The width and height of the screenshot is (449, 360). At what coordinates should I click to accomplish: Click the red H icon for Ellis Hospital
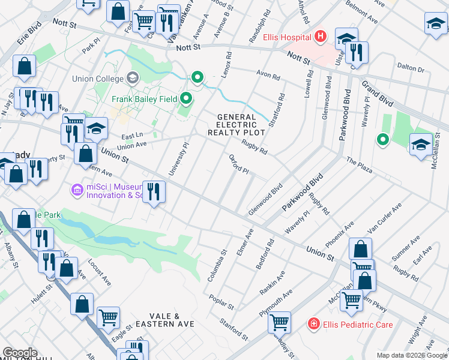(320, 37)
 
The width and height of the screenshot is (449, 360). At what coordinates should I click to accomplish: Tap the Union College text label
(97, 79)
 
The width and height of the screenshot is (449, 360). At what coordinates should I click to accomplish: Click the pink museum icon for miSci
(77, 190)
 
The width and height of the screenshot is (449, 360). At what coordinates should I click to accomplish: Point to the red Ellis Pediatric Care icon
(313, 325)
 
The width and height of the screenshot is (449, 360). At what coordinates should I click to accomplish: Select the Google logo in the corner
(19, 353)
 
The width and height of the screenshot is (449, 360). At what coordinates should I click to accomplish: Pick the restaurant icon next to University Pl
(154, 192)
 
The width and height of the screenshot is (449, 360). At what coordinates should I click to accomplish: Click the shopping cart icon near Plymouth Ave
(279, 322)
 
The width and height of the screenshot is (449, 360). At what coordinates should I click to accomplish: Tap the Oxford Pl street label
(239, 164)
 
